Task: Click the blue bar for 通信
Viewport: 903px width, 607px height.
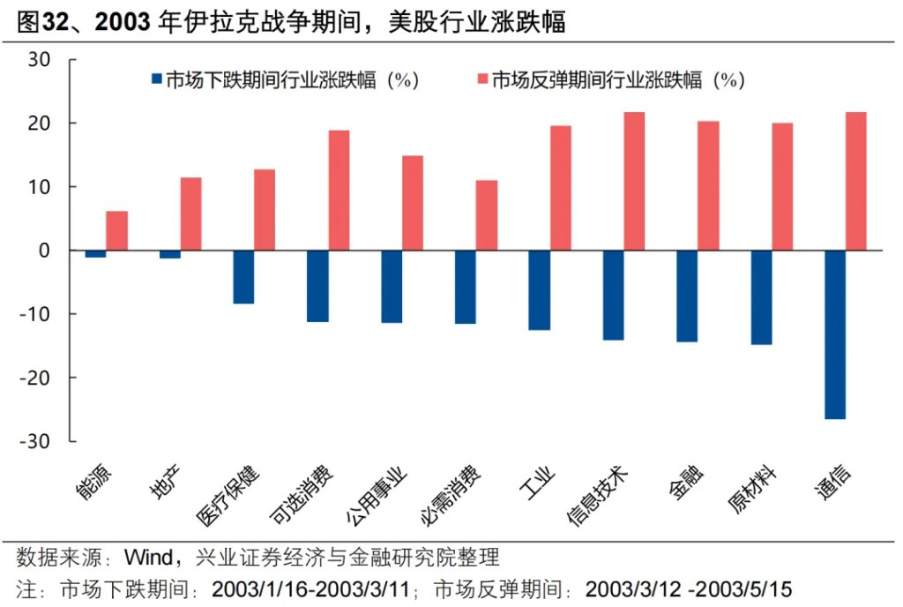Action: [834, 334]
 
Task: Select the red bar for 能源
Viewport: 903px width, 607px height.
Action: [117, 230]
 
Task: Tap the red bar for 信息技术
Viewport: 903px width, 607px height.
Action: [634, 181]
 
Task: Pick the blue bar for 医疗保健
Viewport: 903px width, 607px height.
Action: [243, 277]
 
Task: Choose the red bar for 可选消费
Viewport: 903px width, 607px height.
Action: [339, 191]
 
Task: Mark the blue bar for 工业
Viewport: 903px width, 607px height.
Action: [539, 290]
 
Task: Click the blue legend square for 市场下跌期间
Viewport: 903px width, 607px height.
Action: [158, 80]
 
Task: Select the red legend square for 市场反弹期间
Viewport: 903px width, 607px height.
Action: [481, 80]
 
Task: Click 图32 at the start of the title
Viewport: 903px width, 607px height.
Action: [41, 22]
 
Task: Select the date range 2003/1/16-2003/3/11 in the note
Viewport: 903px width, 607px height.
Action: [315, 588]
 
